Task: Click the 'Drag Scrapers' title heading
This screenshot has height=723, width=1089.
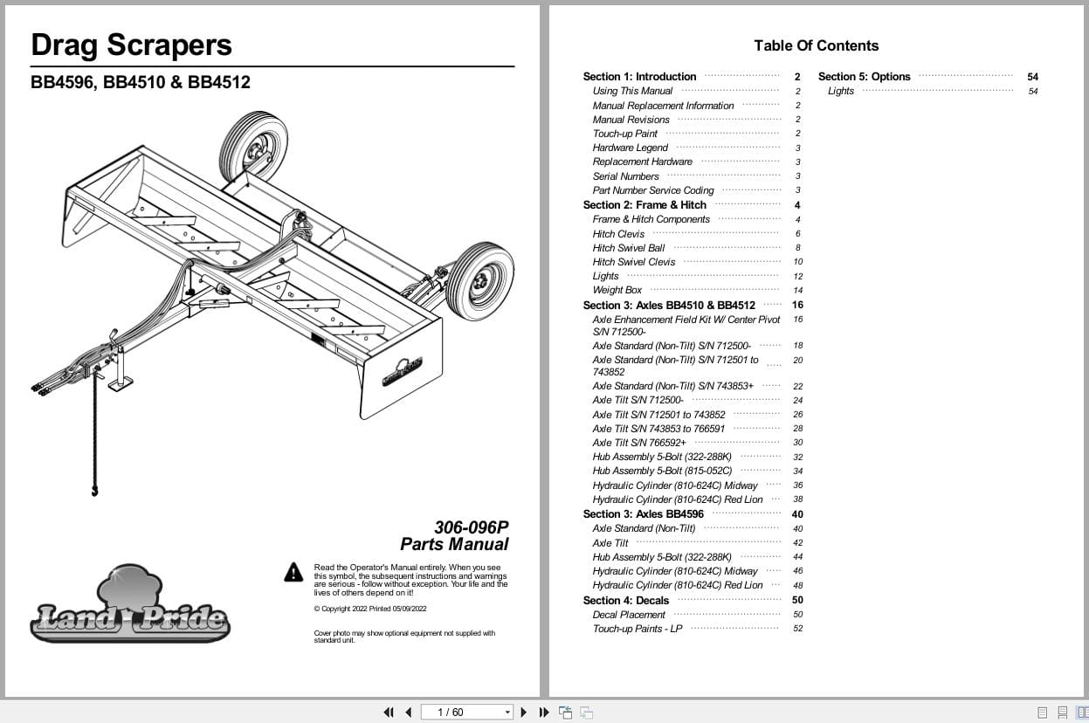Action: [x=132, y=45]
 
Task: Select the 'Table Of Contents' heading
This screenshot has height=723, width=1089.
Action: [x=816, y=45]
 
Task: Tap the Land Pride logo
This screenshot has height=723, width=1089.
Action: [x=130, y=606]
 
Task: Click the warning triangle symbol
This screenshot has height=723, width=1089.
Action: [x=293, y=572]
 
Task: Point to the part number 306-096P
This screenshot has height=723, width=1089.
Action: [x=471, y=527]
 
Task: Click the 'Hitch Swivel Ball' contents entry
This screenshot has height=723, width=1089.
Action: [x=629, y=248]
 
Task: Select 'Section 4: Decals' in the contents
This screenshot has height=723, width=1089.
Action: [x=626, y=600]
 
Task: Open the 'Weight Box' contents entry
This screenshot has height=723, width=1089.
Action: [x=617, y=290]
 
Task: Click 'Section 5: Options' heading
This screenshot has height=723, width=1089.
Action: [x=864, y=77]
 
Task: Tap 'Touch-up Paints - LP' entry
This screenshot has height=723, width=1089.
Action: [x=638, y=629]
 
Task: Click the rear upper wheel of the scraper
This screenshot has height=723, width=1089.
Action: [x=253, y=146]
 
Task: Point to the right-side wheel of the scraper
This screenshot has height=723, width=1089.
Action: [x=479, y=281]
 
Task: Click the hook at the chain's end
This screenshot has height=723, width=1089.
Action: [x=94, y=492]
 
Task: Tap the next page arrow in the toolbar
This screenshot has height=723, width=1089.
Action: [x=524, y=713]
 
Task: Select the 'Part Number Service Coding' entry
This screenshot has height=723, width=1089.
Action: [x=653, y=190]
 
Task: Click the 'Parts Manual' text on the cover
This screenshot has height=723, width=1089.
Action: [x=454, y=544]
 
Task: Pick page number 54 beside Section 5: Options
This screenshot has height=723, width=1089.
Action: [x=1033, y=77]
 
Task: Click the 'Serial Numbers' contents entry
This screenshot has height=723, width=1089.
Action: [x=626, y=176]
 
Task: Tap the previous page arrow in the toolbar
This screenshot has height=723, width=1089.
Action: [x=408, y=713]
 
